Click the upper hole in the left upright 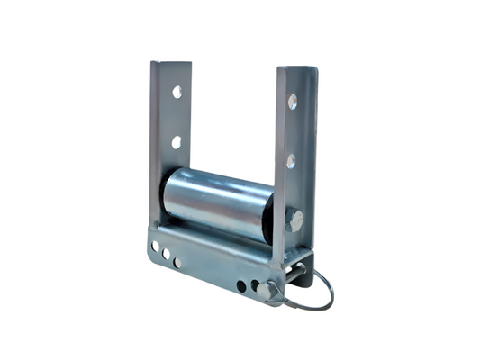click(x=177, y=92)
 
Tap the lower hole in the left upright click(x=177, y=142)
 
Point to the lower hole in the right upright click(x=291, y=161)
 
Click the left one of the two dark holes click(x=241, y=285)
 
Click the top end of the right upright click(x=297, y=69)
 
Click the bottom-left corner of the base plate click(x=151, y=261)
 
